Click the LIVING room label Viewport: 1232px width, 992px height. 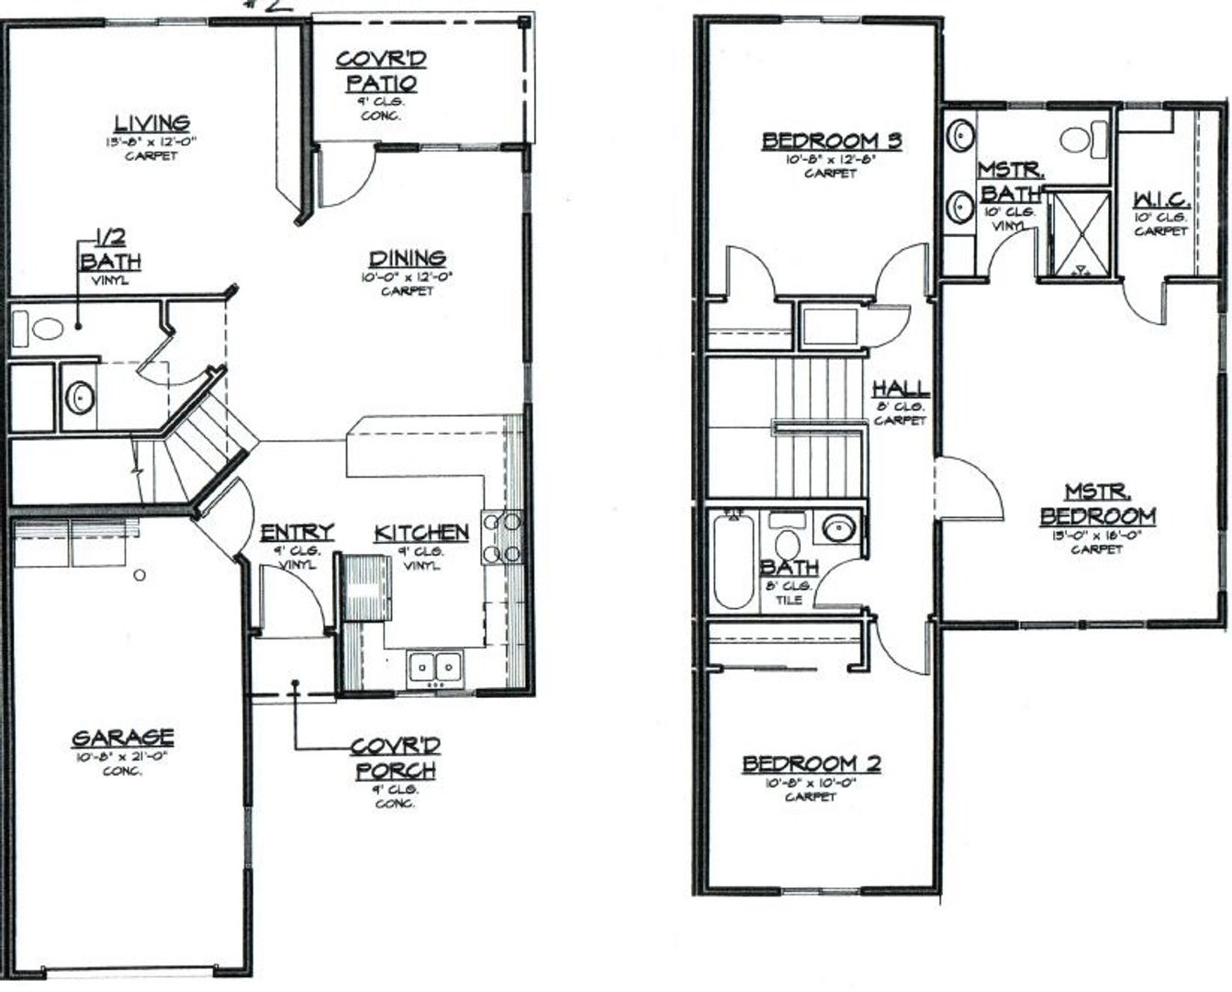(x=151, y=123)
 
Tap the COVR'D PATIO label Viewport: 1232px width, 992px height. (x=381, y=72)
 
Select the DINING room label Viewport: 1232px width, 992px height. (x=408, y=259)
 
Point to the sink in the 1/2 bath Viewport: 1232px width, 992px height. (x=81, y=399)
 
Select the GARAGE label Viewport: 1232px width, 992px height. (x=122, y=738)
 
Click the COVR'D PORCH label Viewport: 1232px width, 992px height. (x=396, y=757)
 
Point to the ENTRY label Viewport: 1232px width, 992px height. (x=297, y=534)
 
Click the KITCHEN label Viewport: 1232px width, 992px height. (x=421, y=533)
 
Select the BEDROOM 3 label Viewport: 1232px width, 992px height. (x=831, y=141)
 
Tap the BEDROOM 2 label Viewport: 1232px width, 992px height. (x=812, y=764)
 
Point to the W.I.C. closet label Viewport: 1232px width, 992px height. (x=1161, y=199)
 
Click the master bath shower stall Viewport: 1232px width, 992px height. (x=1078, y=232)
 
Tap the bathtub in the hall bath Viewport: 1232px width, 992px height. (x=734, y=561)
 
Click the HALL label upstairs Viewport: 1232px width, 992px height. (x=901, y=389)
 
